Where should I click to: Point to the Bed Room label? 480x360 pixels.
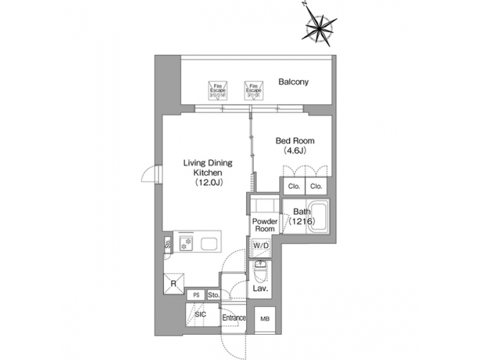pyautogui.click(x=295, y=141)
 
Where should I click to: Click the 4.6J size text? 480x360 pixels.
pyautogui.click(x=295, y=152)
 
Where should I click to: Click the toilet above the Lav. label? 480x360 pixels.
pyautogui.click(x=260, y=271)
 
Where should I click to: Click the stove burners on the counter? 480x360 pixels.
pyautogui.click(x=184, y=243)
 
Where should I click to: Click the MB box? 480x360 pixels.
pyautogui.click(x=265, y=319)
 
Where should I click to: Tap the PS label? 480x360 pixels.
pyautogui.click(x=195, y=295)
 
